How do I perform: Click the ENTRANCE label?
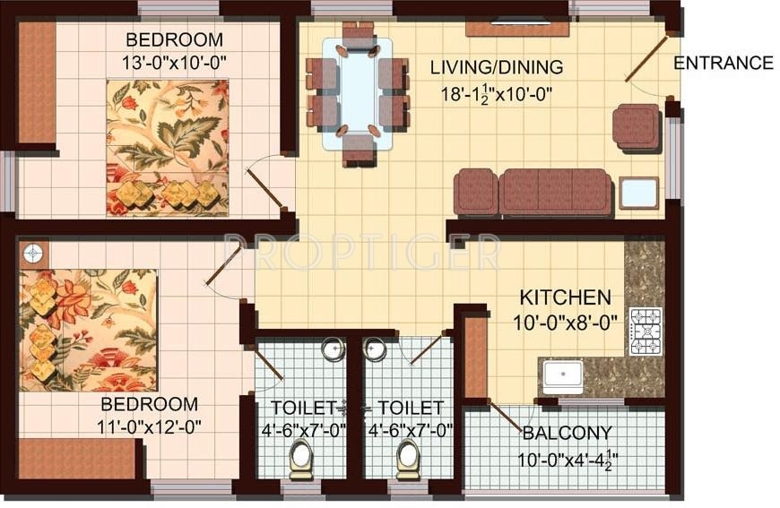click(x=723, y=63)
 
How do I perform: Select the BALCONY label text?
click(x=567, y=433)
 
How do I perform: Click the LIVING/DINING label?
click(x=496, y=67)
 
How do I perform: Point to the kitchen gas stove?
click(x=645, y=331)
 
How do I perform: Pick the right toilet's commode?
click(x=408, y=458)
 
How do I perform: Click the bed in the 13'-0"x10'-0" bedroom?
click(x=167, y=148)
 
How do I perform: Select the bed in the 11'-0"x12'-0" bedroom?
click(x=88, y=329)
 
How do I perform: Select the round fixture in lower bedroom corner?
click(x=32, y=254)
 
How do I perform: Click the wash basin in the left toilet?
click(x=333, y=349)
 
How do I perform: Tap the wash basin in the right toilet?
click(x=375, y=349)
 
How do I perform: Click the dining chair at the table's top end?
click(x=359, y=34)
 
